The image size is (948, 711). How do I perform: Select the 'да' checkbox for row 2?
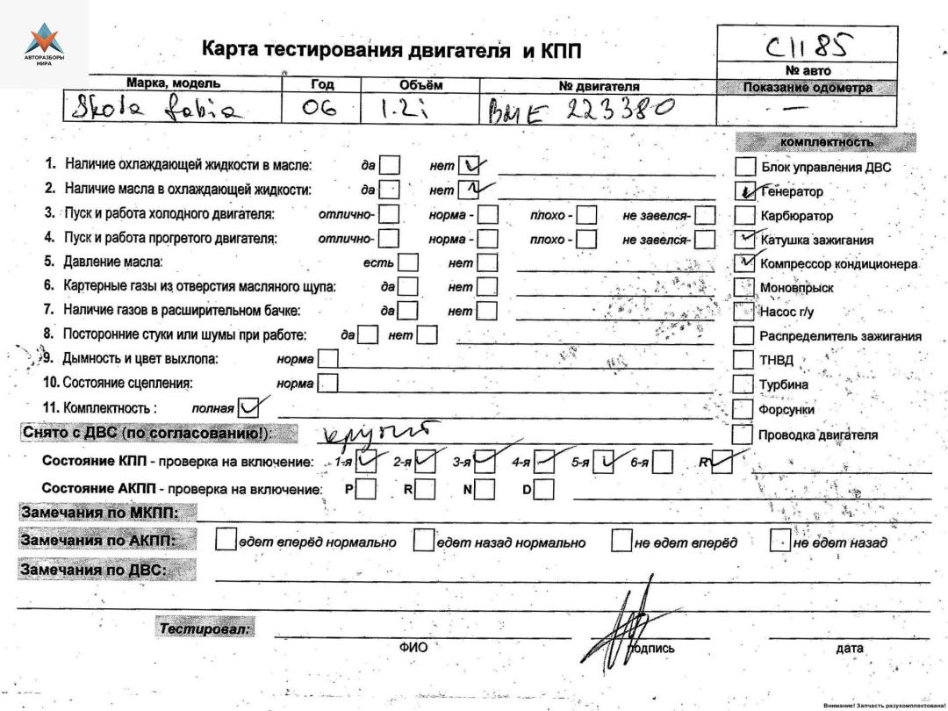[x=390, y=190]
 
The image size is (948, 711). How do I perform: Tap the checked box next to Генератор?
[x=744, y=190]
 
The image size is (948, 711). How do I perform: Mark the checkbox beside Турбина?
[x=744, y=384]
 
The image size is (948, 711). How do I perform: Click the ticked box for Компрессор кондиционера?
[x=744, y=263]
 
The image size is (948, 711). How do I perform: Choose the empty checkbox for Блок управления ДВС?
[x=744, y=166]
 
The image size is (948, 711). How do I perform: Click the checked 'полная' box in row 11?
[x=249, y=407]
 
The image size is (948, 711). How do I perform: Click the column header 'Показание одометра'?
[x=807, y=87]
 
